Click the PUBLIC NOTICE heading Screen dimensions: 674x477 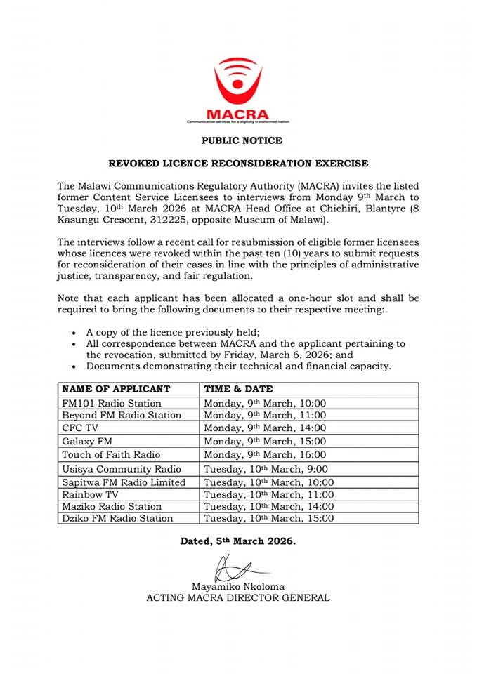[242, 140]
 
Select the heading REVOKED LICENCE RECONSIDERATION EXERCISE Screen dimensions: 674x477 [237, 164]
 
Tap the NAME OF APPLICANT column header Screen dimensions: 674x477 [116, 389]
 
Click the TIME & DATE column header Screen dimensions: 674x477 [238, 389]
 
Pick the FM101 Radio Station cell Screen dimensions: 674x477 [112, 403]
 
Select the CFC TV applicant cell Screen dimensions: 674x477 [81, 428]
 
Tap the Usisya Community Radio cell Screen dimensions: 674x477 [122, 469]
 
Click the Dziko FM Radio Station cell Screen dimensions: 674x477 [117, 518]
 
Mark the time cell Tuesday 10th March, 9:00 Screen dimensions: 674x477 [265, 469]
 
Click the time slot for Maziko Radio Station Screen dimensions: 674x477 [268, 506]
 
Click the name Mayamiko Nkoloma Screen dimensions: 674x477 [238, 586]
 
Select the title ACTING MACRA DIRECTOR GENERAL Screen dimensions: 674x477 [237, 598]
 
